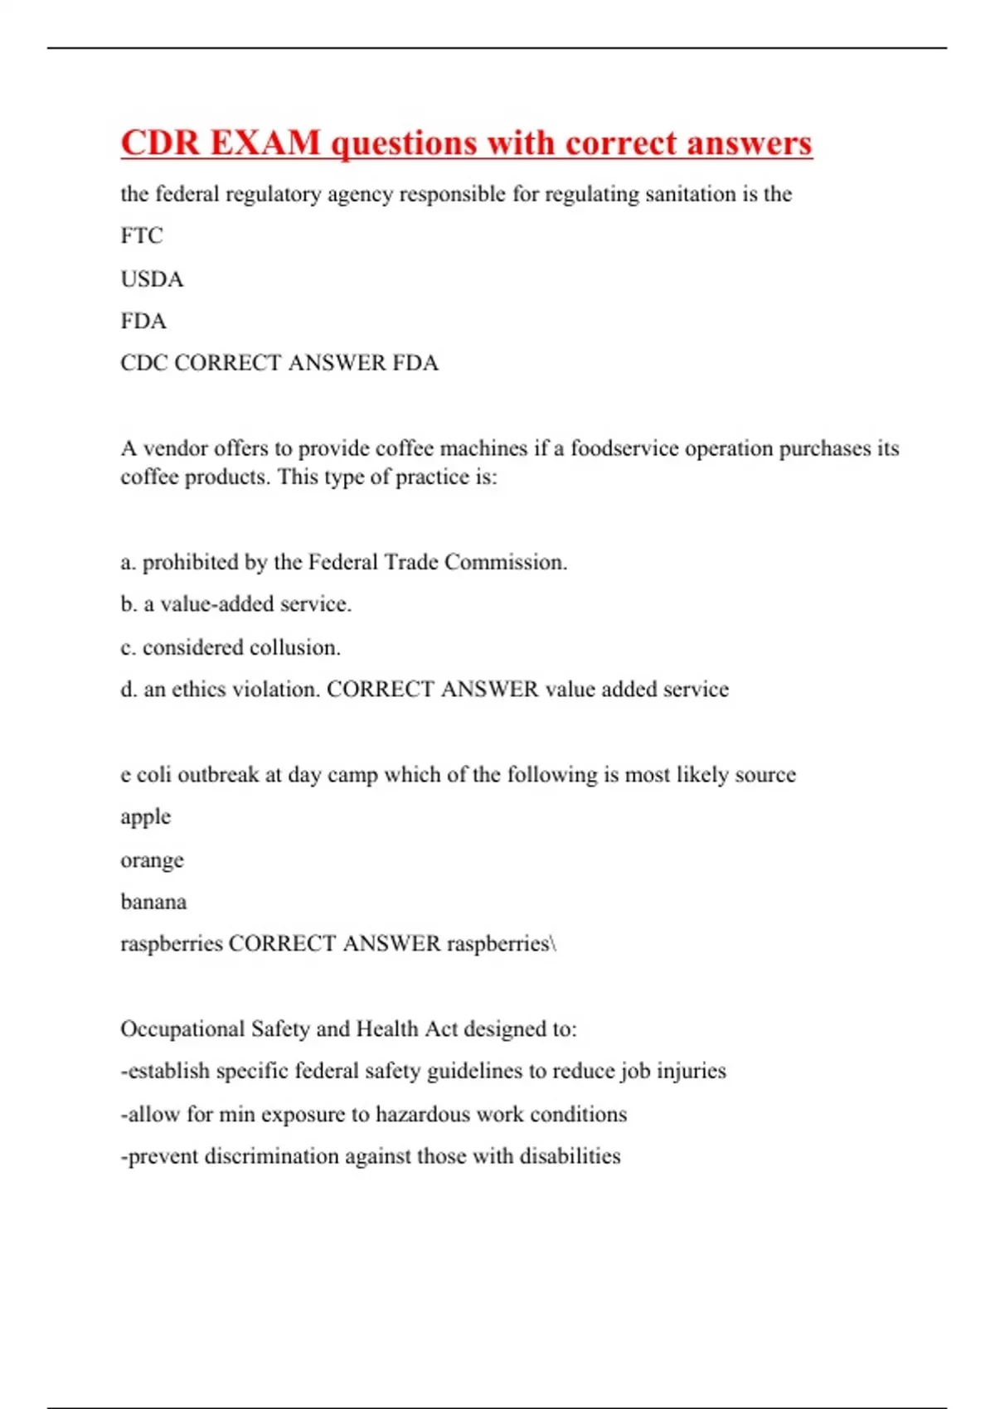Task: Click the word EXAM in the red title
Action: pyautogui.click(x=265, y=143)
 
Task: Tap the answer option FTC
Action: pyautogui.click(x=142, y=236)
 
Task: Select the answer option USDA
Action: pyautogui.click(x=152, y=278)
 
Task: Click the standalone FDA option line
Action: pyautogui.click(x=143, y=321)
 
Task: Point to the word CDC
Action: pyautogui.click(x=144, y=363)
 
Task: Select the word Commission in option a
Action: pyautogui.click(x=505, y=562)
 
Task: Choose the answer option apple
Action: pyautogui.click(x=146, y=817)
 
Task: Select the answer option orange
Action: pyautogui.click(x=152, y=860)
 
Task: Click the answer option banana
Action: pyautogui.click(x=153, y=902)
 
